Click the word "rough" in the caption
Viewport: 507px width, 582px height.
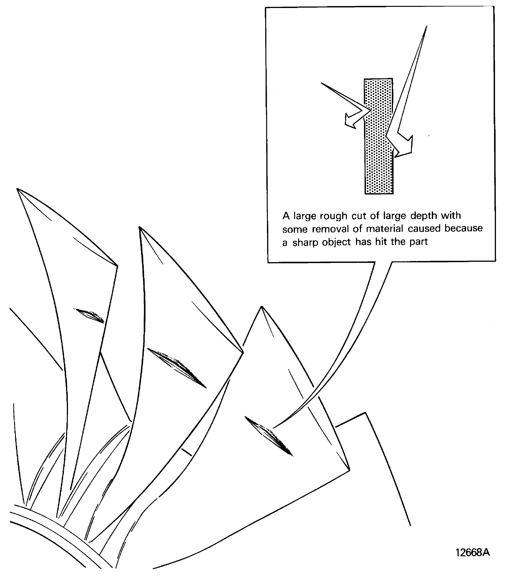pyautogui.click(x=334, y=216)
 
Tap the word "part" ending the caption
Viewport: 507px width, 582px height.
pyautogui.click(x=418, y=242)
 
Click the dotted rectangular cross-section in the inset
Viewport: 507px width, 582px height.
pyautogui.click(x=379, y=136)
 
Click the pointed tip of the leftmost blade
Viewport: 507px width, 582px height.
pyautogui.click(x=17, y=189)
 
